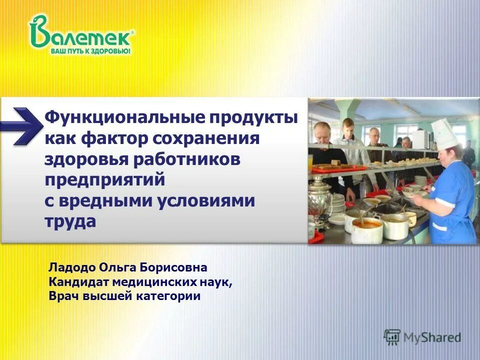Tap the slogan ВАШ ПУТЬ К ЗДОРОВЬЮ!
point(90,51)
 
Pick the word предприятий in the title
point(104,179)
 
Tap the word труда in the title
point(70,220)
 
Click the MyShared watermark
point(422,336)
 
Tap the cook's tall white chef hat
point(443,133)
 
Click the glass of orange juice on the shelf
point(310,161)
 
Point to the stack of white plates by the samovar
point(338,203)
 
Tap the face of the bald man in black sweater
point(323,132)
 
